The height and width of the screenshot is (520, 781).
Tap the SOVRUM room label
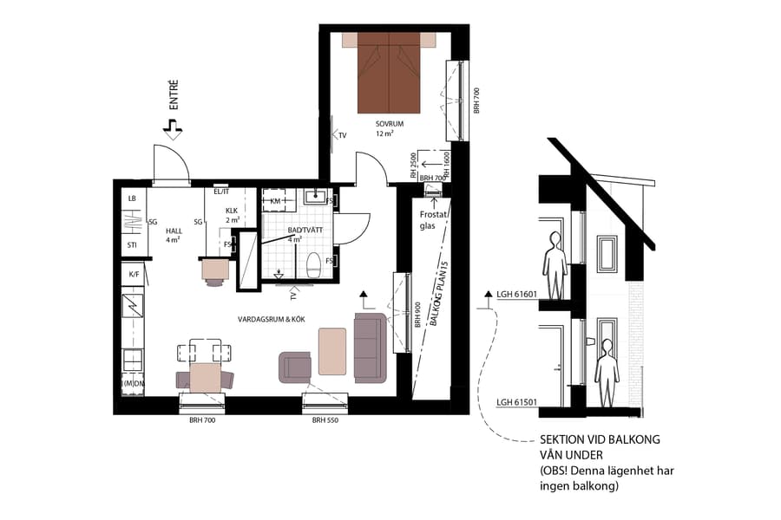(x=390, y=125)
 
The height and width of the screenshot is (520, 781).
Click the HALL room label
(x=174, y=231)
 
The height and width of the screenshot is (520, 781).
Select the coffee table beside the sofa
(x=331, y=351)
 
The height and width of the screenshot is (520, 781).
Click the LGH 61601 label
(x=518, y=294)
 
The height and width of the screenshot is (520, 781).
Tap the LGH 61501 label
(x=518, y=402)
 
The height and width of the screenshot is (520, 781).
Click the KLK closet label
(x=232, y=211)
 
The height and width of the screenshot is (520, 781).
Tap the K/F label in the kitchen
(x=134, y=274)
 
